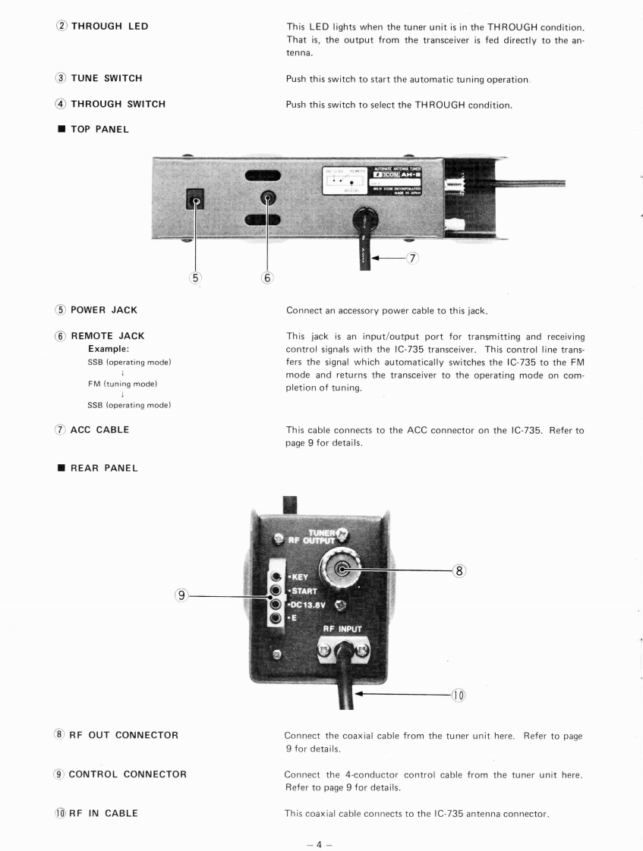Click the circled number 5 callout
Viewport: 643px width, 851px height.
coord(196,277)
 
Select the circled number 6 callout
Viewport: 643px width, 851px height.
coord(266,277)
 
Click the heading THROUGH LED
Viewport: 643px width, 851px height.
coord(109,27)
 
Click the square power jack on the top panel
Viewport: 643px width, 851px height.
coord(197,203)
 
